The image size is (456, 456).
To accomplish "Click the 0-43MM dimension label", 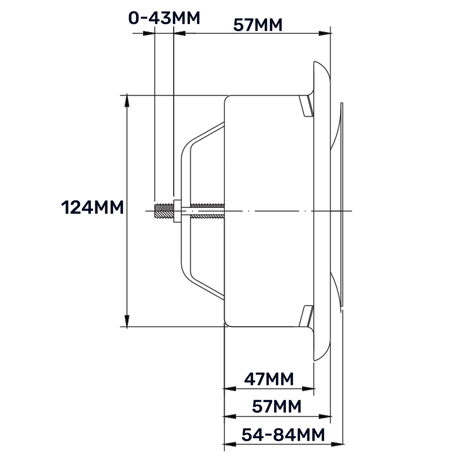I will point(164,18).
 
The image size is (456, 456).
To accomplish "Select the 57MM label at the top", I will point(258,25).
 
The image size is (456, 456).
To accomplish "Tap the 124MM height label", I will point(92,208).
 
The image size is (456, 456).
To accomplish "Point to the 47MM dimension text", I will point(269,379).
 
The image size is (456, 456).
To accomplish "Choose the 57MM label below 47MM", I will point(276,406).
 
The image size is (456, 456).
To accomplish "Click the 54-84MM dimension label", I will point(283,435).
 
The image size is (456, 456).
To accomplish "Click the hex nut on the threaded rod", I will point(177,211).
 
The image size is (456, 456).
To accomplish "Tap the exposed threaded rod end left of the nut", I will point(164,211).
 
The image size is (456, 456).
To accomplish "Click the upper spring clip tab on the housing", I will point(306,106).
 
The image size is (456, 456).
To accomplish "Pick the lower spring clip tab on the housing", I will point(306,316).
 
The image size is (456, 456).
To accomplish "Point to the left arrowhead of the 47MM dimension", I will point(230,388).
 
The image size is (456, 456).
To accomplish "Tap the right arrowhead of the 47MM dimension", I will point(308,388).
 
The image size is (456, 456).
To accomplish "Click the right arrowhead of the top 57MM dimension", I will point(324,33).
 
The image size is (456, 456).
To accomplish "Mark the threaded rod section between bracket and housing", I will point(207,211).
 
